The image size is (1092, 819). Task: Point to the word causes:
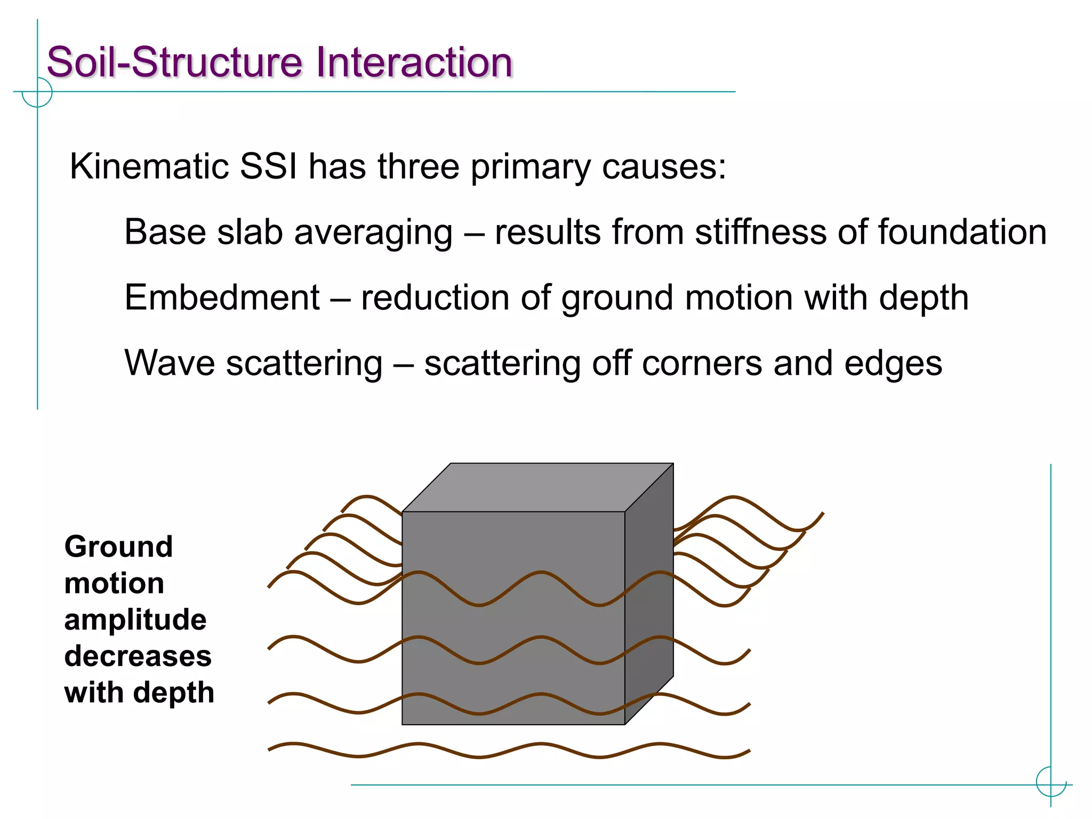click(664, 167)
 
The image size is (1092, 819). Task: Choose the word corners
click(702, 363)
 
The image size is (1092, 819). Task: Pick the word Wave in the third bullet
click(169, 363)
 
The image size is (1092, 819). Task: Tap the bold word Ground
click(118, 547)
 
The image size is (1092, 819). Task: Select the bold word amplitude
click(135, 620)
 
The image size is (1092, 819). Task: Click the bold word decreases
click(138, 656)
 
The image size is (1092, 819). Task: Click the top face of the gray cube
click(537, 487)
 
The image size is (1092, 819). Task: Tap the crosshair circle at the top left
click(37, 92)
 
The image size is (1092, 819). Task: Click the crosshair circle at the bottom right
click(1050, 782)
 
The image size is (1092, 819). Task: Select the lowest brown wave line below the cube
click(480, 756)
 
